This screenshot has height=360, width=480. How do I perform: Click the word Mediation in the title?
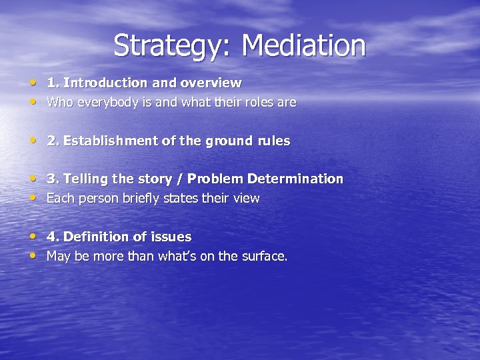[303, 45]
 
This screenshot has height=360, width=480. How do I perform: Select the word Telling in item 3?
[83, 179]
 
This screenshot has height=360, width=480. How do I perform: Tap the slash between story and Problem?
[181, 179]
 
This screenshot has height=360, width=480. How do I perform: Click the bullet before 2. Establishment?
[33, 141]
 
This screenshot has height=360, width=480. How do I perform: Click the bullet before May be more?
[33, 257]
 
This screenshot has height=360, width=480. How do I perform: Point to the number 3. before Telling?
[51, 179]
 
